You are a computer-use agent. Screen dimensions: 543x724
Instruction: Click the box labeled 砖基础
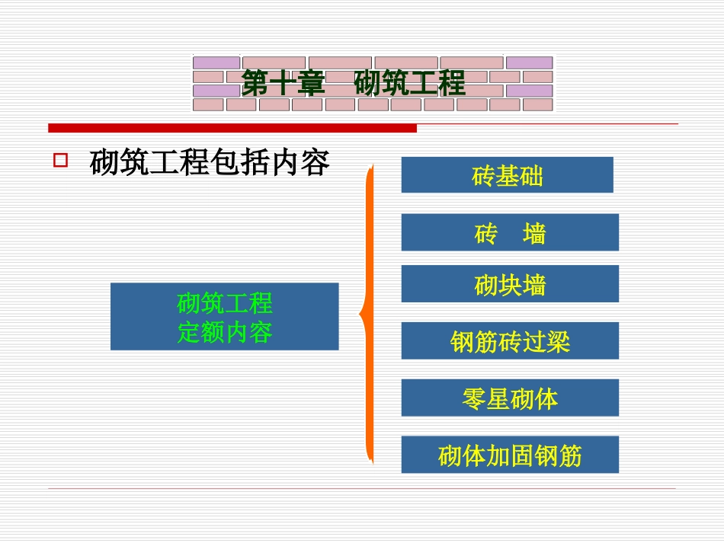pos(507,175)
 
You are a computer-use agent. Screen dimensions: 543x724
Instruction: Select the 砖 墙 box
pos(510,232)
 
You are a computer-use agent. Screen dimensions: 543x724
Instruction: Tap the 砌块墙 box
pos(510,284)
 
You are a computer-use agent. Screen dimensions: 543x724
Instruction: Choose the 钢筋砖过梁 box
pos(510,340)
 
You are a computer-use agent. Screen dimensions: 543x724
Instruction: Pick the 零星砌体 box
pos(510,398)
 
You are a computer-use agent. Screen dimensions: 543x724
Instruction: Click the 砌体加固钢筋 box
pos(510,455)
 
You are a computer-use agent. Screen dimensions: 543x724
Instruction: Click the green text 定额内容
pos(225,332)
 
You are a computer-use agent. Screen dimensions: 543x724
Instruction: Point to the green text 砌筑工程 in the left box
pos(225,303)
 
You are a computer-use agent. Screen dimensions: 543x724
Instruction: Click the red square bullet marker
pos(60,161)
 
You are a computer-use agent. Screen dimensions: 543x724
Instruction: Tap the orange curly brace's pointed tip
pos(361,314)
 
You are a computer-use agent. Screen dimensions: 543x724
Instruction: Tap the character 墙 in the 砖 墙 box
pos(534,233)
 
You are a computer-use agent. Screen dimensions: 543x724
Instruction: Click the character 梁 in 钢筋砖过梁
pos(558,342)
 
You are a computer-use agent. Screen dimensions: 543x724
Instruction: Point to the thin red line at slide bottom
pos(362,488)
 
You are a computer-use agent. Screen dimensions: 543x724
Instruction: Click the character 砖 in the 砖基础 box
pos(484,177)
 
